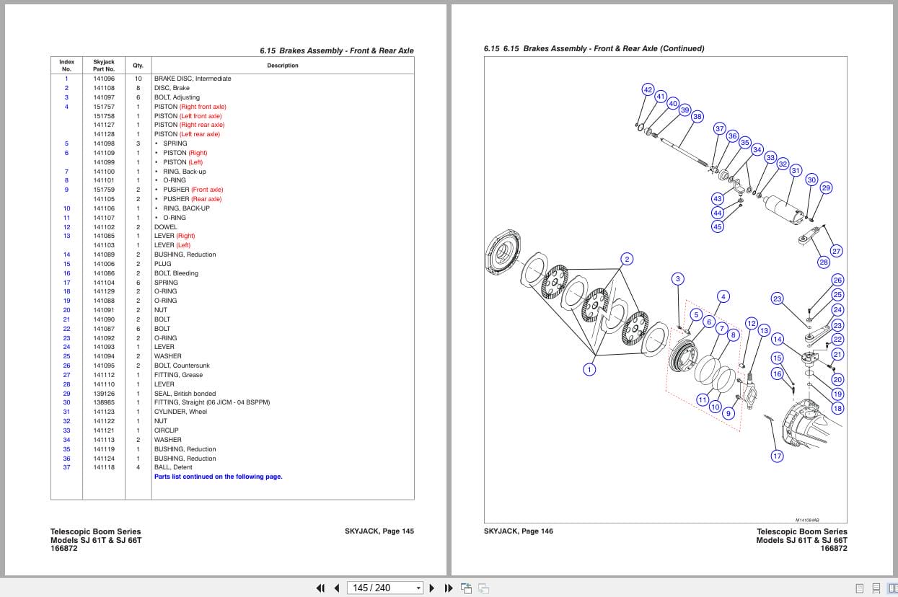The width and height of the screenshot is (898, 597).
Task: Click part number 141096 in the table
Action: click(x=104, y=79)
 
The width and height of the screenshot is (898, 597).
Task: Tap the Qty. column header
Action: click(x=138, y=66)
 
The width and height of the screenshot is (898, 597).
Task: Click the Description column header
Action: click(x=282, y=66)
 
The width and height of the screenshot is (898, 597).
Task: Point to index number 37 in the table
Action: click(x=66, y=467)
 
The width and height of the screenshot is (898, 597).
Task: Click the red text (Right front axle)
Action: click(x=203, y=107)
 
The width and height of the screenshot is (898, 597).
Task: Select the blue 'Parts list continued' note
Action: click(x=218, y=477)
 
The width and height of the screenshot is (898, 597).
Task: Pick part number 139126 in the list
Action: click(x=104, y=394)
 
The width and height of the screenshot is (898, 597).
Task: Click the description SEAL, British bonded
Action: click(x=185, y=394)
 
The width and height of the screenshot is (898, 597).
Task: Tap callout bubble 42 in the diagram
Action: click(x=648, y=89)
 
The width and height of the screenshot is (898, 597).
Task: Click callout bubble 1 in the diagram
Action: click(x=589, y=370)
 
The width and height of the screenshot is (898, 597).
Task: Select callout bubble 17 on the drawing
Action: click(x=777, y=456)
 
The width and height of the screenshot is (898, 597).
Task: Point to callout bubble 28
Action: click(x=824, y=262)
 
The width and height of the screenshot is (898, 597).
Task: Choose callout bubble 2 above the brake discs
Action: click(x=627, y=260)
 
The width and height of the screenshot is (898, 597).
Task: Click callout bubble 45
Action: click(x=717, y=226)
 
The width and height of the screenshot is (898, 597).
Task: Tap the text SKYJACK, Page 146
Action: click(x=519, y=531)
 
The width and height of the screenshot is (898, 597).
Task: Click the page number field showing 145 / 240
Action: click(x=382, y=588)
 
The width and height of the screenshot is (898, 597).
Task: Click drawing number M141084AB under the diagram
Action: click(x=807, y=520)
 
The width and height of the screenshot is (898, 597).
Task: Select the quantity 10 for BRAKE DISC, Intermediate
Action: click(x=138, y=79)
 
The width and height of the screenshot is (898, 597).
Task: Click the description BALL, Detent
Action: click(x=173, y=467)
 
